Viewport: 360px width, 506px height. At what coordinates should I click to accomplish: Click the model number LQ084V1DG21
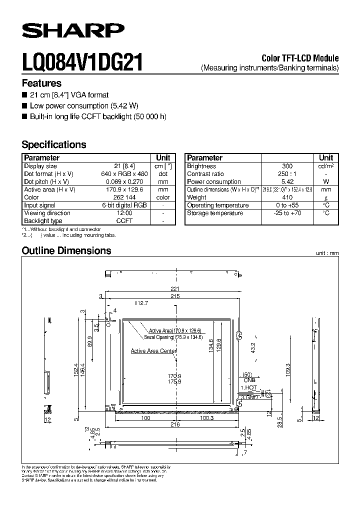(x=82, y=63)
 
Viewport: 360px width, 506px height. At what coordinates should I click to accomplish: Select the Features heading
(x=41, y=83)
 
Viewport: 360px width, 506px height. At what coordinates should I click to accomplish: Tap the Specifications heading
(x=54, y=144)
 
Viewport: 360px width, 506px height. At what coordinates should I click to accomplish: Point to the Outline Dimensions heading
(x=66, y=250)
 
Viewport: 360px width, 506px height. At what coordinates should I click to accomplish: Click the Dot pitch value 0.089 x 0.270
(x=124, y=181)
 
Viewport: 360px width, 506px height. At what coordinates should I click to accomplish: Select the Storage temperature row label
(x=215, y=213)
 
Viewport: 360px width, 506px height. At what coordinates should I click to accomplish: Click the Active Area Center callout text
(x=153, y=351)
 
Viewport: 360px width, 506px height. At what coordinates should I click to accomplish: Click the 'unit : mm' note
(x=327, y=253)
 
